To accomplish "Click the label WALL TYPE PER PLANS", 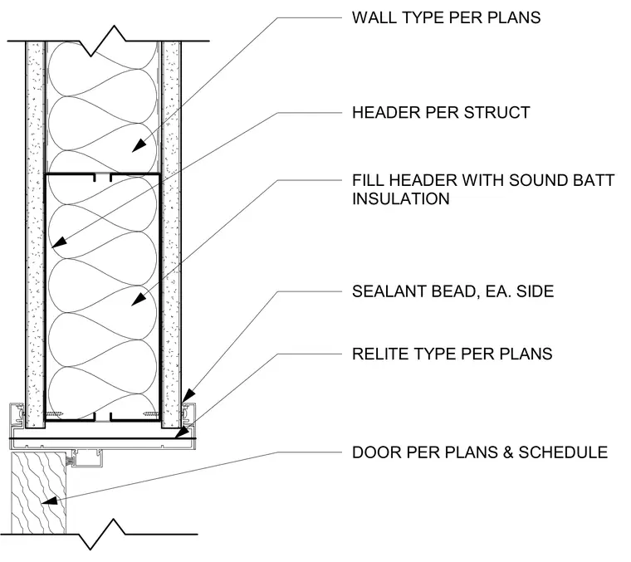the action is coord(447,17).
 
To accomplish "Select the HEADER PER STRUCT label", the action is coord(441,113).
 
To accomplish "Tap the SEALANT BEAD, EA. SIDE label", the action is coord(452,291).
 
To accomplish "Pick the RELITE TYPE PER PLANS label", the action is coord(452,354).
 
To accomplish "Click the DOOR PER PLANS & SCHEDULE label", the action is coord(480,452).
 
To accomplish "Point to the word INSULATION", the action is coord(401,198).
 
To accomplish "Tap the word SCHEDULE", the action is coord(563,452).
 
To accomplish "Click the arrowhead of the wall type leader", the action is coord(139,145).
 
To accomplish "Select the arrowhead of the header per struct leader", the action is coord(59,242).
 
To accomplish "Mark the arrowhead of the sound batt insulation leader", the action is coord(139,299).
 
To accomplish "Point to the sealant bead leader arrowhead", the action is coord(188,395).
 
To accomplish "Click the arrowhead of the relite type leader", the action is coord(182,432).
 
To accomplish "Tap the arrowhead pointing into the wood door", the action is coord(49,501).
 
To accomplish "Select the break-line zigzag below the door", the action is coord(102,535).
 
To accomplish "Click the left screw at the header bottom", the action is coord(54,414).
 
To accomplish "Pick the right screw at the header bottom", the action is coord(150,413).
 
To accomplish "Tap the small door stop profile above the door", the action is coord(86,458).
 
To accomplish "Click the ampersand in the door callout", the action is coord(507,452).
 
